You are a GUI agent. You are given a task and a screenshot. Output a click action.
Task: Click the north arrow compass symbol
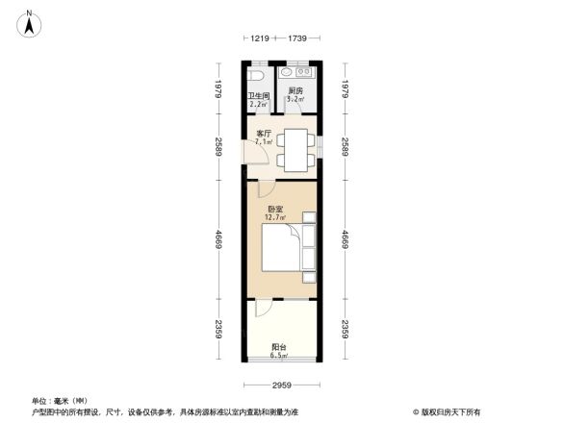tap(31, 22)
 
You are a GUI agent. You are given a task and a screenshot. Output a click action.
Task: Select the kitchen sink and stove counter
tap(294, 73)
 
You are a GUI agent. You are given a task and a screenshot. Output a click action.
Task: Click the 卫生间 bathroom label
tap(258, 96)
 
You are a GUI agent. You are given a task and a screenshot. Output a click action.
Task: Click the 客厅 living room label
tap(263, 134)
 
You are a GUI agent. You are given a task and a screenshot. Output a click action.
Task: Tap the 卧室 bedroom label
tap(275, 209)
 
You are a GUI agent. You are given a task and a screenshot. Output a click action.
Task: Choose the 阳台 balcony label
tap(278, 347)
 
